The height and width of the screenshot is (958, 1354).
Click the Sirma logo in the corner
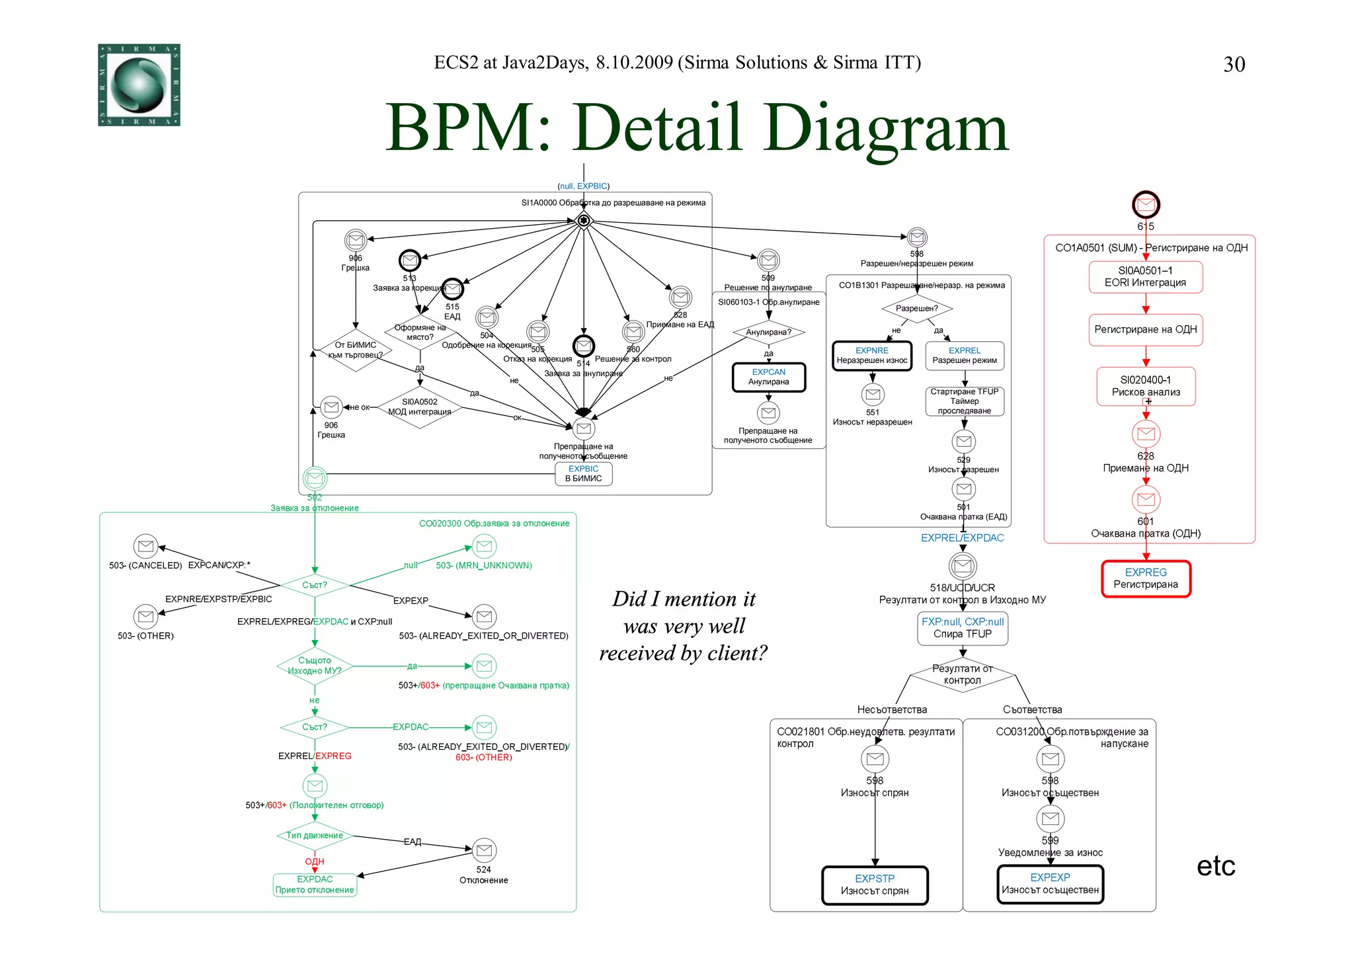[139, 85]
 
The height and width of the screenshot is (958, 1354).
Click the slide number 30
[1234, 64]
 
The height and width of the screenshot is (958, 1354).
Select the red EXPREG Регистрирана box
[1146, 579]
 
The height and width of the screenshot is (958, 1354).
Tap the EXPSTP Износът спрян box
[875, 885]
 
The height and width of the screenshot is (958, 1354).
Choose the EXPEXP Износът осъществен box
[1050, 884]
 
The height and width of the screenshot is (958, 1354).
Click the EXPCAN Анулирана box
[768, 377]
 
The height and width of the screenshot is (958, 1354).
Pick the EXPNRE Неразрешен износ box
[872, 356]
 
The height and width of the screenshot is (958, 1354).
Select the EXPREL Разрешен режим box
[965, 356]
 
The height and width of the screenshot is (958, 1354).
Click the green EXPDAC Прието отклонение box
[315, 885]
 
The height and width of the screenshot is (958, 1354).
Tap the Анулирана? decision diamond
[768, 332]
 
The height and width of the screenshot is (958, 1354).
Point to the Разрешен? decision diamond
[917, 308]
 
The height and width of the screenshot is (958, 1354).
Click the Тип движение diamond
[315, 836]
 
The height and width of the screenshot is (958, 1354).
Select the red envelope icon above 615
[1146, 205]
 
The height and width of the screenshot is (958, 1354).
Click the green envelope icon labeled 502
[315, 478]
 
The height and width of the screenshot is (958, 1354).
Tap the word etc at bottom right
[1215, 866]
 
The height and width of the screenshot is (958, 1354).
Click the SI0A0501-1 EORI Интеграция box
[1146, 277]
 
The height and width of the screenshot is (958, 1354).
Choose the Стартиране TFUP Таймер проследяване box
[965, 401]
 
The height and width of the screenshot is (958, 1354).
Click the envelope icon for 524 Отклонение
[484, 850]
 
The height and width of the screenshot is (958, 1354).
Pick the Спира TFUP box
[963, 628]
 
